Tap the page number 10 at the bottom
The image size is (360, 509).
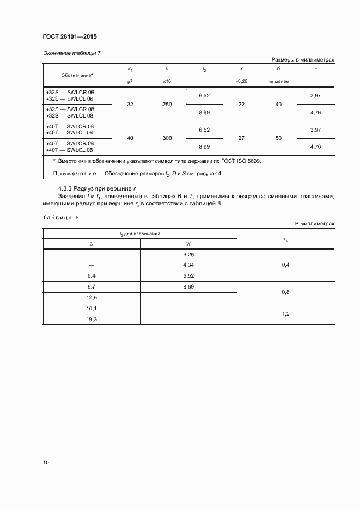click(46, 463)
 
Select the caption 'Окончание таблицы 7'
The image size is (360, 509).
click(71, 53)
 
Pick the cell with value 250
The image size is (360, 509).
click(167, 104)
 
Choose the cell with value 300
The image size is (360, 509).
click(167, 138)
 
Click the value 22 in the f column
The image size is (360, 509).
click(241, 104)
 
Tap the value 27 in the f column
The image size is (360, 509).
click(241, 138)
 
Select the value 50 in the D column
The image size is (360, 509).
click(278, 138)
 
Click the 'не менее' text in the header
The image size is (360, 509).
click(278, 81)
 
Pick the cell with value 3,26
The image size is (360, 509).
click(188, 254)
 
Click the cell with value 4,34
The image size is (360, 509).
click(188, 265)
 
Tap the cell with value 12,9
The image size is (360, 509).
click(91, 298)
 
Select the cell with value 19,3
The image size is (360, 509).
click(91, 318)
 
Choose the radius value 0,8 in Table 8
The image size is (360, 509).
click(285, 292)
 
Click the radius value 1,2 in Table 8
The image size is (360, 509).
click(285, 314)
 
